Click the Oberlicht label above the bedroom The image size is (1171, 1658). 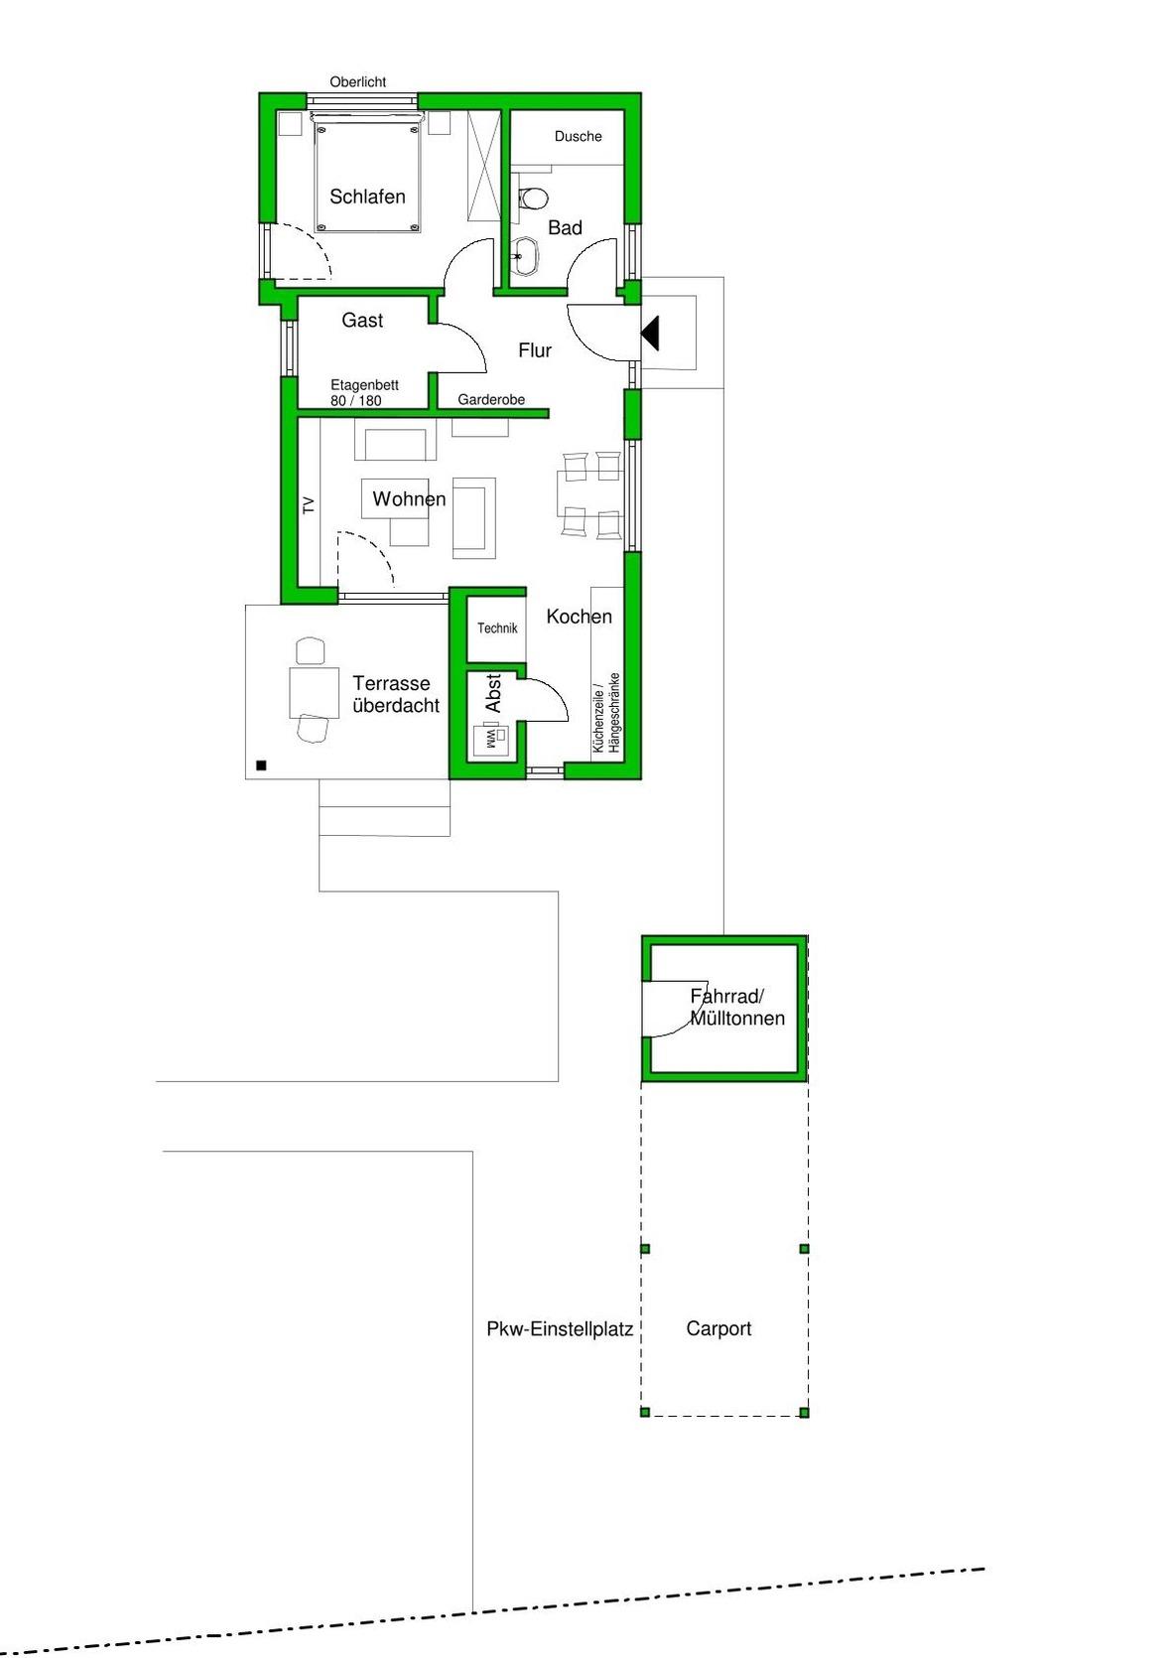pos(357,82)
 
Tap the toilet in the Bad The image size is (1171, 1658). pos(533,199)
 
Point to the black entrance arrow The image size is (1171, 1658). pos(650,333)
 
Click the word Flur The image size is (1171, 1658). pos(535,350)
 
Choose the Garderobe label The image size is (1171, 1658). pos(491,400)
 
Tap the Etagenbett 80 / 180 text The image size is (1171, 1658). pos(364,393)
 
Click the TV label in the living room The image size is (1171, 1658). pos(309,505)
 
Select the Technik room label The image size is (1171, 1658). pos(497,628)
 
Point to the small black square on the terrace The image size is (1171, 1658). pos(261,765)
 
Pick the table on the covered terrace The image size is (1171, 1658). pos(315,691)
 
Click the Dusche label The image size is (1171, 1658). pos(578,136)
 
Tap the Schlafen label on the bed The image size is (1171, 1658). pos(367,197)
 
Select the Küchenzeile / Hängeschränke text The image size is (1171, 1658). pos(605,712)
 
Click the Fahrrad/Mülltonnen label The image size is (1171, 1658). pos(736,1008)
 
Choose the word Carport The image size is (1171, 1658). pos(718,1328)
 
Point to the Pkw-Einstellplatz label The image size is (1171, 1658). pos(560,1329)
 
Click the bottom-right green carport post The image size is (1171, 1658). pos(804,1413)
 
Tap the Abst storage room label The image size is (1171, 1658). pos(493,693)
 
